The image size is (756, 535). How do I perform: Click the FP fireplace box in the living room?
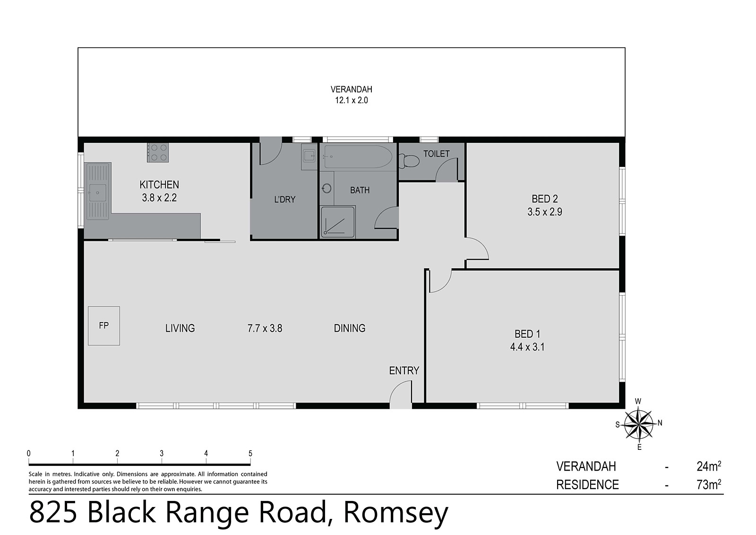(x=104, y=325)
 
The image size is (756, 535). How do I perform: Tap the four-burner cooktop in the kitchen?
(x=158, y=152)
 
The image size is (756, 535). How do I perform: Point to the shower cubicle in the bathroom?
(x=337, y=221)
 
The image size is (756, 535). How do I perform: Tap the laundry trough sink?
(x=309, y=156)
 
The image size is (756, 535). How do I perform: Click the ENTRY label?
(x=404, y=370)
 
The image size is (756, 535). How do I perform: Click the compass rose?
(x=638, y=424)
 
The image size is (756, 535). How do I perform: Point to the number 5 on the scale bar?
(x=250, y=453)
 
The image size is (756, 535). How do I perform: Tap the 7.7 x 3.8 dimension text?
(x=265, y=328)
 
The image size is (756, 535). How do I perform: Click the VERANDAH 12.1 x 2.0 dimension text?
(x=351, y=100)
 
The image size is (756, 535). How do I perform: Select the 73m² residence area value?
(x=709, y=484)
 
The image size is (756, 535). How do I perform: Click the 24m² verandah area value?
(x=709, y=466)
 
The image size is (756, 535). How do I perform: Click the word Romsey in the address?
(x=395, y=513)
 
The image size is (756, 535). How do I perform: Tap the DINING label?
(x=350, y=328)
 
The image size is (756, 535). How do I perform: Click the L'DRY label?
(x=284, y=199)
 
